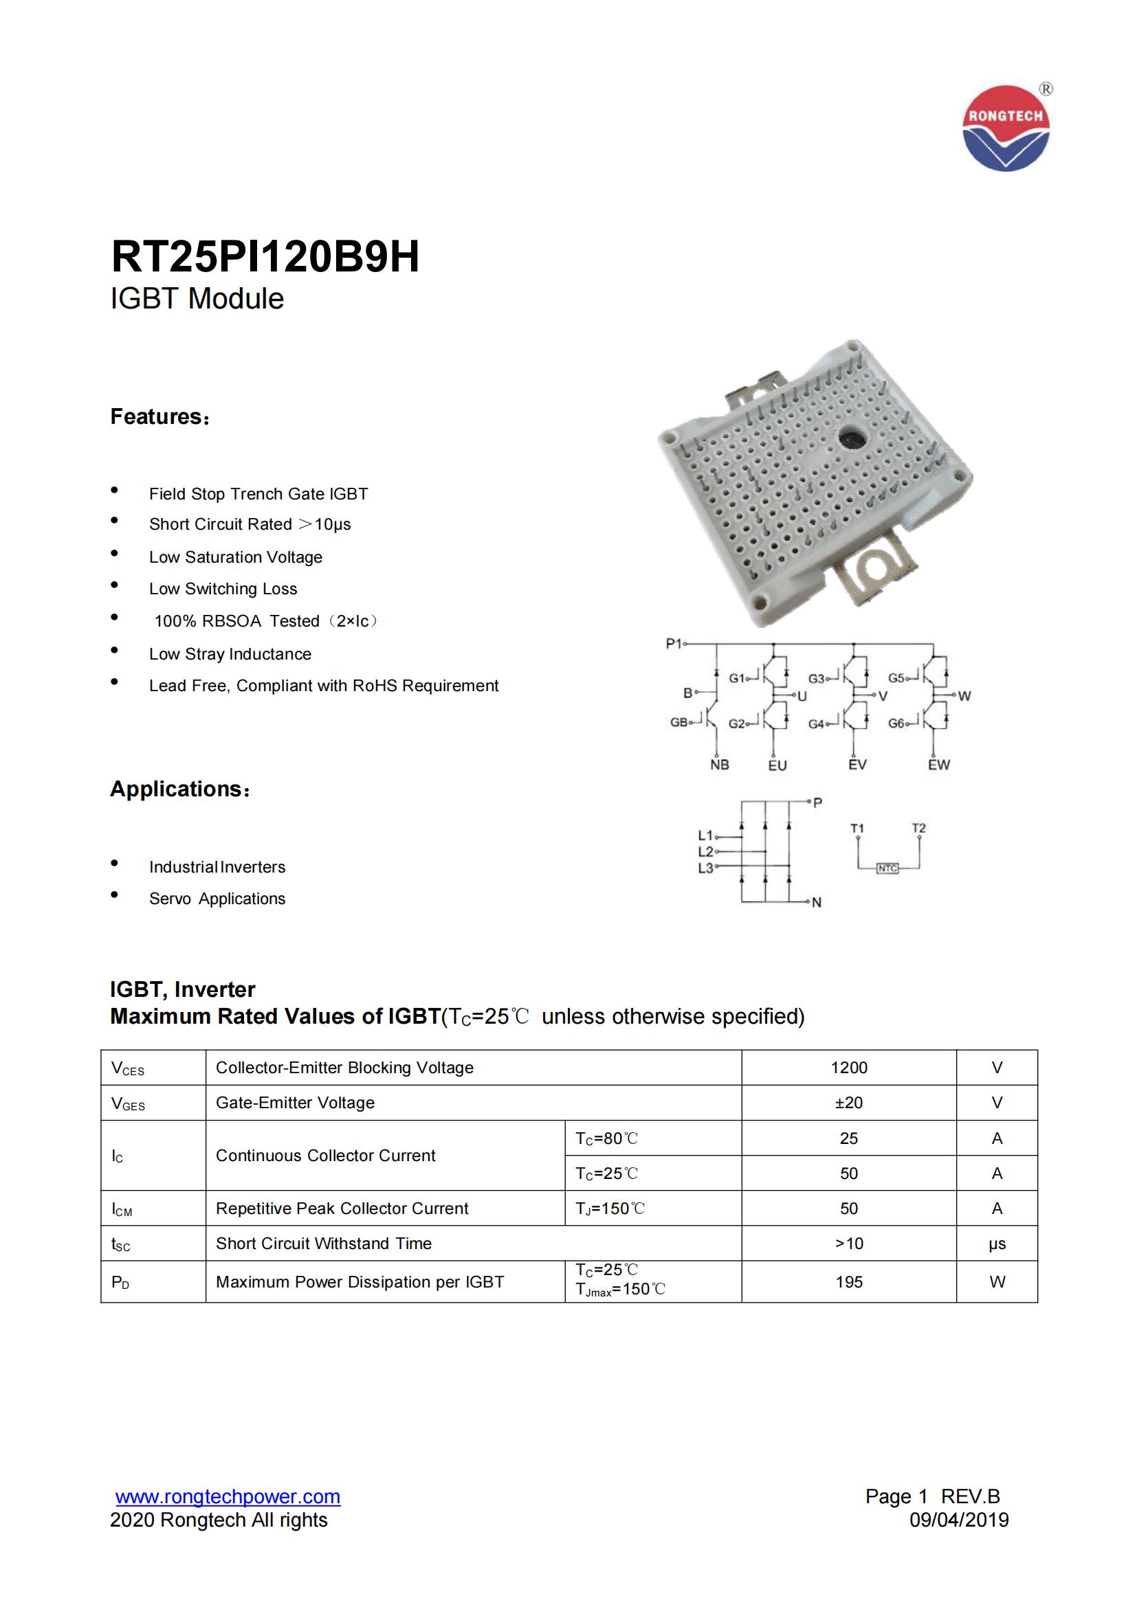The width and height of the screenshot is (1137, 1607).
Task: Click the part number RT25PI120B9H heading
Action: point(265,257)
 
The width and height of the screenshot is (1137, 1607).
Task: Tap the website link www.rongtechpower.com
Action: point(228,1496)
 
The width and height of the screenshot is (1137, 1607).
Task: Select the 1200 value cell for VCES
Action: point(848,1068)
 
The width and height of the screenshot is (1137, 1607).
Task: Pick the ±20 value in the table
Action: point(848,1102)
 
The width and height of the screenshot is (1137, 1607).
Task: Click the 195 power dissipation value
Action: point(848,1281)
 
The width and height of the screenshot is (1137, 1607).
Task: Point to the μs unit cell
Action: point(997,1244)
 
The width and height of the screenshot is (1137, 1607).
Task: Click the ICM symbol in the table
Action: point(122,1209)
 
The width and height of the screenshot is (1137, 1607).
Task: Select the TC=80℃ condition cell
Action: point(607,1138)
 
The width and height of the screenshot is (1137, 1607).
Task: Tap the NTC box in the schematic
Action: point(887,868)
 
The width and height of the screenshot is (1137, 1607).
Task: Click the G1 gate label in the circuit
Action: point(736,677)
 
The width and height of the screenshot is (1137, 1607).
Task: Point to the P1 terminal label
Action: point(674,643)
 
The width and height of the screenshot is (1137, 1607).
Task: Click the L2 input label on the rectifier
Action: point(705,852)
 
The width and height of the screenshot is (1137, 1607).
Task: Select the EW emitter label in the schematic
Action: point(939,765)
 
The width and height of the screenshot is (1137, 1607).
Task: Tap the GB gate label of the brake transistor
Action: point(678,722)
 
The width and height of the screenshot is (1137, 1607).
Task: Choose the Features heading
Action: point(160,416)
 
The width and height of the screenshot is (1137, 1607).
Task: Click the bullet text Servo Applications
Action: point(217,899)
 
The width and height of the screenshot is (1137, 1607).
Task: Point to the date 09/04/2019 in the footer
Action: point(959,1520)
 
